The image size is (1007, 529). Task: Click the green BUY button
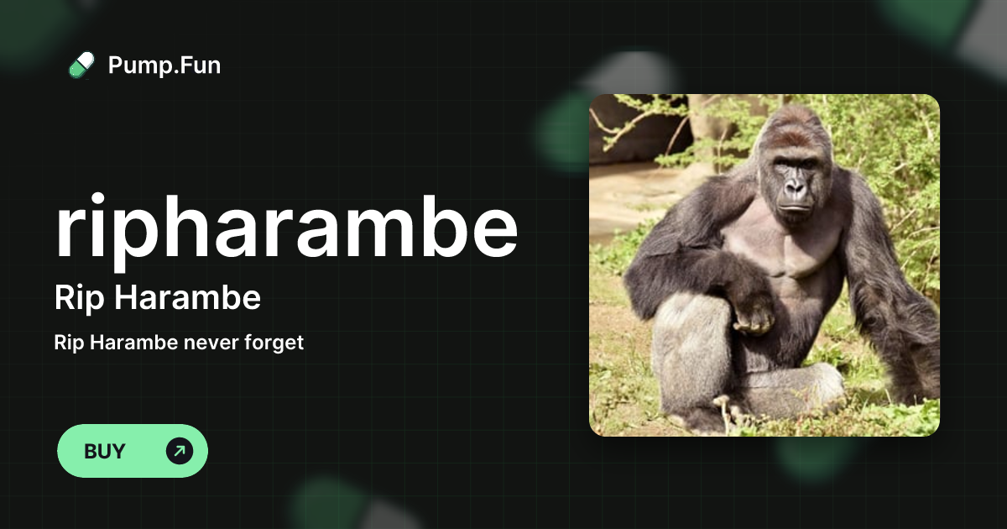point(132,451)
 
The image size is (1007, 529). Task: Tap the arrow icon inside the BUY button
point(180,451)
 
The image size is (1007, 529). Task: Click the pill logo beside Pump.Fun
point(81,65)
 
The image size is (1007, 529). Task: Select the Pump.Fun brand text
point(164,65)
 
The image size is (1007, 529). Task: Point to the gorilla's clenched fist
point(753,316)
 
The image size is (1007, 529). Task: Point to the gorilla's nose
point(796,190)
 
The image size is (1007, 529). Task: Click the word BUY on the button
point(105,451)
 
